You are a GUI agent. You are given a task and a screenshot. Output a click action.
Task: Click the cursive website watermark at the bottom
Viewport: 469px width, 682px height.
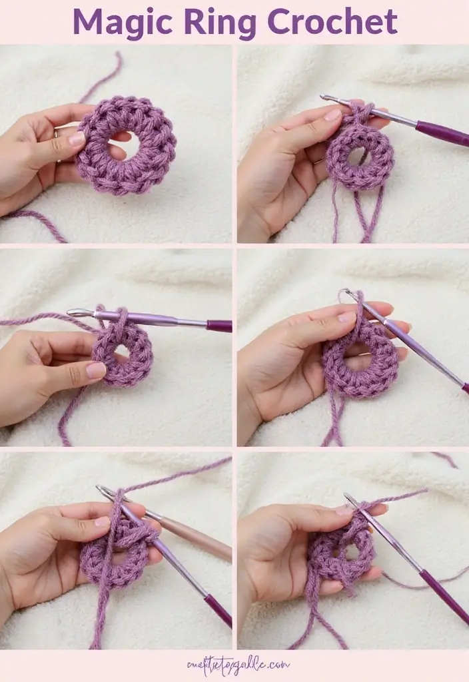(x=238, y=664)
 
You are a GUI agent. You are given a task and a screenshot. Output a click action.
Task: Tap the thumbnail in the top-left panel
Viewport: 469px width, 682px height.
(x=77, y=139)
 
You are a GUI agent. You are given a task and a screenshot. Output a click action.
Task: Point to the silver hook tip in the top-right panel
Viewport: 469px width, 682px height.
(x=325, y=98)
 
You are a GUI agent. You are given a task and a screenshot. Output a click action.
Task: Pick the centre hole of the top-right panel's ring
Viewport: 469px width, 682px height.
(x=358, y=157)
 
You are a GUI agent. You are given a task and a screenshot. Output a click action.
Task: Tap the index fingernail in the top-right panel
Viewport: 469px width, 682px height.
(x=332, y=115)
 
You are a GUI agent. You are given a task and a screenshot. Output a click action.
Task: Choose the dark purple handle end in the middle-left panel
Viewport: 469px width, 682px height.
(x=219, y=326)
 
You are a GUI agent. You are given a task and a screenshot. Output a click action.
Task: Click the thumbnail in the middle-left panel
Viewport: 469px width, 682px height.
(x=95, y=370)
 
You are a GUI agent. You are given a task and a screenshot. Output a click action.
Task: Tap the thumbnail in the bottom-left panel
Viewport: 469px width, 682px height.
(x=102, y=521)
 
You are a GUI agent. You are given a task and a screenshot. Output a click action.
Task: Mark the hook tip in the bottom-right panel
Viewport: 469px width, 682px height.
(x=346, y=496)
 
